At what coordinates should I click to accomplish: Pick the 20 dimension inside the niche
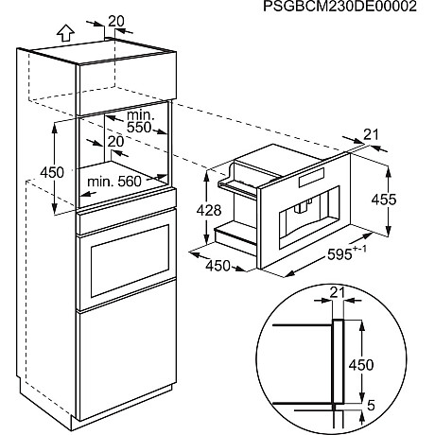pyautogui.click(x=116, y=141)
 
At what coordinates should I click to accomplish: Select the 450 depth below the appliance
pyautogui.click(x=219, y=267)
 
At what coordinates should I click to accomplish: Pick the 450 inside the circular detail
pyautogui.click(x=376, y=364)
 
